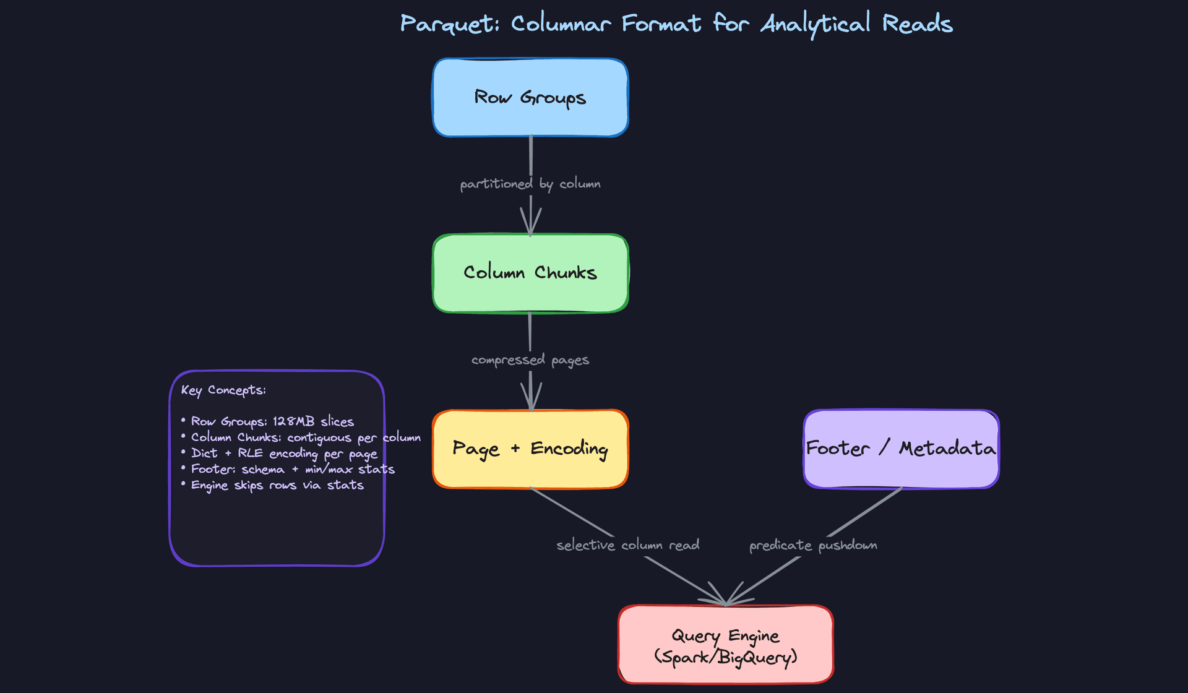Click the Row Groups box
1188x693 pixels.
(530, 98)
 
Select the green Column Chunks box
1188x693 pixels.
(530, 273)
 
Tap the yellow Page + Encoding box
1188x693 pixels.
(530, 449)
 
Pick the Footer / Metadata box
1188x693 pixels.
(901, 449)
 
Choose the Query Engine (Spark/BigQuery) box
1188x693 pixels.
(725, 645)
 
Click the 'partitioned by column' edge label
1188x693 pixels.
(530, 184)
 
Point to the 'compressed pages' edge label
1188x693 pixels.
(530, 359)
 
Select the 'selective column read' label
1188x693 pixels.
(627, 545)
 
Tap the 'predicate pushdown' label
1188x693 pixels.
(813, 545)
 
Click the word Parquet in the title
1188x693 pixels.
(449, 24)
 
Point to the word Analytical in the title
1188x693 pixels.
(815, 24)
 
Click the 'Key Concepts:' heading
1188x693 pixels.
(223, 390)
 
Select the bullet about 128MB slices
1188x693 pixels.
(272, 421)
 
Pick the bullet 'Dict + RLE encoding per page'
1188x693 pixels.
(284, 454)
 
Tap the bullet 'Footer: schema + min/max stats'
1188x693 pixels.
(293, 470)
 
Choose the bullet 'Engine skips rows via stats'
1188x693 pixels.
(277, 485)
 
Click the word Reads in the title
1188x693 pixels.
(917, 24)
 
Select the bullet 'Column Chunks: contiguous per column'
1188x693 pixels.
(306, 437)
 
